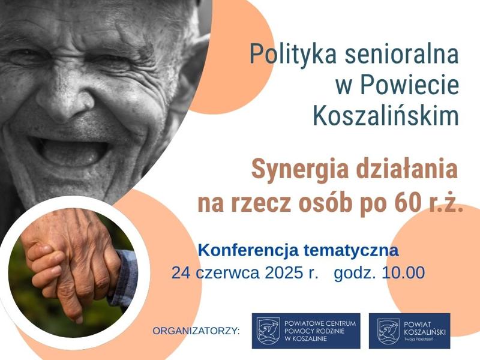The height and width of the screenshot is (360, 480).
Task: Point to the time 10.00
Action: tap(403, 272)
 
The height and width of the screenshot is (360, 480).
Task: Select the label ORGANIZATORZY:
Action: tap(197, 331)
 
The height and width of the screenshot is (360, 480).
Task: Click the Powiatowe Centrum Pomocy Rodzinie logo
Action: tap(306, 331)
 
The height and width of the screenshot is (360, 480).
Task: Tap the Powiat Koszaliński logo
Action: tap(410, 331)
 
